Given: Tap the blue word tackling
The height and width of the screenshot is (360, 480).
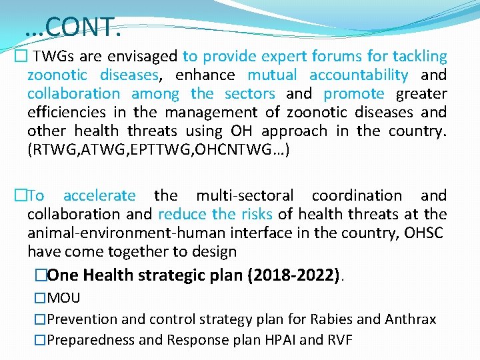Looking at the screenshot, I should tap(419, 57).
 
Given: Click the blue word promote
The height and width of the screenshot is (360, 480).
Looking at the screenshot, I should tap(354, 94).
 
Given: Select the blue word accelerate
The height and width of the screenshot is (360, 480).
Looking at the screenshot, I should tap(99, 195).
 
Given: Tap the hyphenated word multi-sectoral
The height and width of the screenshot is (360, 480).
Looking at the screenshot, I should tap(244, 195).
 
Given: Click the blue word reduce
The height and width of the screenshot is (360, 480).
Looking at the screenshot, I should tap(183, 214).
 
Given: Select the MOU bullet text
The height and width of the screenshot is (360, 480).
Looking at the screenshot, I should tap(64, 298).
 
